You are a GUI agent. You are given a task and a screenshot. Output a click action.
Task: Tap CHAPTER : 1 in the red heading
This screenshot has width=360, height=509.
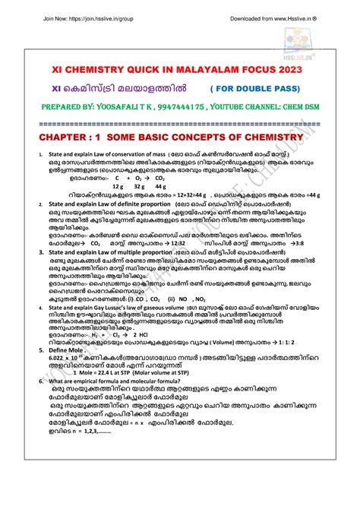point(73,136)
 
